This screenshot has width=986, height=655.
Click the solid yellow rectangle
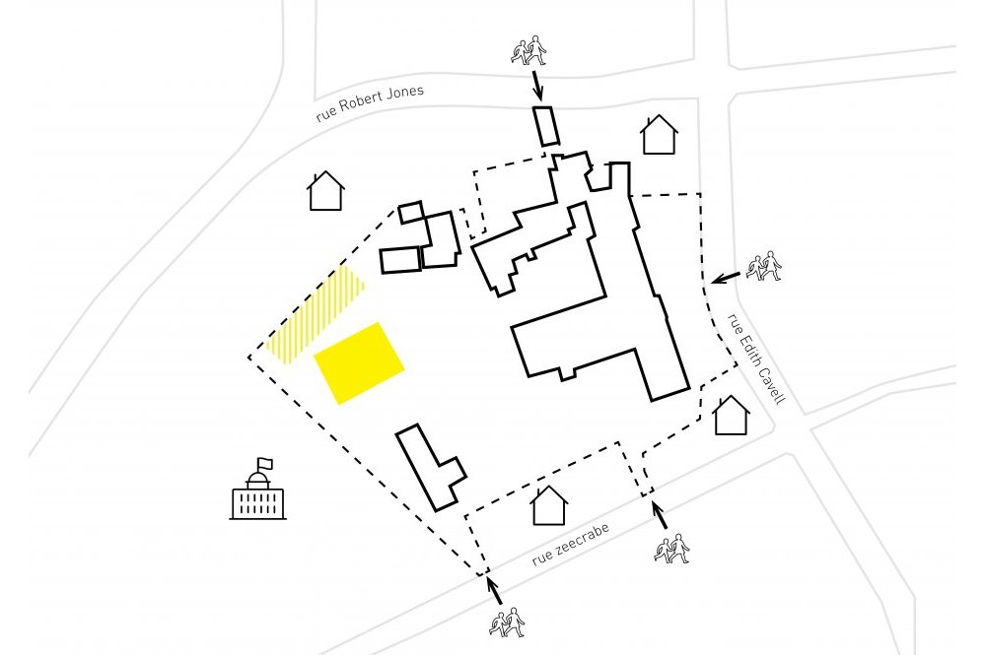click(359, 363)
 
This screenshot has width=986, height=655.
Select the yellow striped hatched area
click(315, 314)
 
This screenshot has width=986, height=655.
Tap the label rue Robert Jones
click(370, 102)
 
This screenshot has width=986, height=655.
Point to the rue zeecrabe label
click(570, 544)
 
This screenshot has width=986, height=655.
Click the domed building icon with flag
click(257, 489)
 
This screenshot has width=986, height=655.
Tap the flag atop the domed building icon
click(265, 464)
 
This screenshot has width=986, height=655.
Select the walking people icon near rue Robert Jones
click(528, 50)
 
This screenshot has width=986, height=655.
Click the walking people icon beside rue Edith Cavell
click(764, 266)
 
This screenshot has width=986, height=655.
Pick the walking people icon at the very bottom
click(507, 622)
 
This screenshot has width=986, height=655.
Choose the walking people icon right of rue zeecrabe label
click(671, 549)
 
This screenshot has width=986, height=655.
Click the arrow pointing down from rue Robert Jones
click(537, 86)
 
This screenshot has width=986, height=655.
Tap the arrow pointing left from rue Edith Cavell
click(726, 277)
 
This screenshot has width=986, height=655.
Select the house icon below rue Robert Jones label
click(326, 191)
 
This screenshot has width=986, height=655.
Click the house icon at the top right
click(659, 134)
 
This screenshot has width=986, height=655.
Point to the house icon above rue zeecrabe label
click(549, 505)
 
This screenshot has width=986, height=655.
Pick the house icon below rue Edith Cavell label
click(732, 415)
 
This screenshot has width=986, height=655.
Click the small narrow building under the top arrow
click(546, 126)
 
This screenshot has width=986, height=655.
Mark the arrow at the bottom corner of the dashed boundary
click(494, 590)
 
